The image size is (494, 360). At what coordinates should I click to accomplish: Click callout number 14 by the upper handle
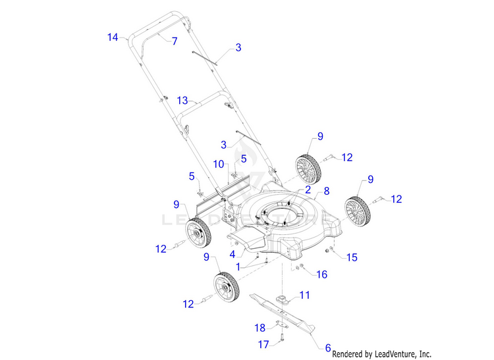pos(113,38)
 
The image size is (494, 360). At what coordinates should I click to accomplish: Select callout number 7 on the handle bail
pos(175,41)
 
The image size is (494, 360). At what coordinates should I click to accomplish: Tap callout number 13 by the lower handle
pos(182,101)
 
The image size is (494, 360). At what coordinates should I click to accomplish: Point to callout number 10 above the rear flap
pos(219,163)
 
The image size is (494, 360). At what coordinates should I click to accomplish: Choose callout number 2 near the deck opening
pos(306,189)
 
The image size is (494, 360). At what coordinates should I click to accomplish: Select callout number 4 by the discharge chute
pos(232,253)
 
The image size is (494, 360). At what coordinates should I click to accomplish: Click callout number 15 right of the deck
pos(352,257)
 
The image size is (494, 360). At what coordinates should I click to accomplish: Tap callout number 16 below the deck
pos(322,274)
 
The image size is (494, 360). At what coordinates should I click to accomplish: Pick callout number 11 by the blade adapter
pos(304,296)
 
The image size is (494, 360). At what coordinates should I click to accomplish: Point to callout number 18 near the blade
pos(260,327)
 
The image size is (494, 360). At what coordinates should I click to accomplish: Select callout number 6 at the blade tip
pos(328,347)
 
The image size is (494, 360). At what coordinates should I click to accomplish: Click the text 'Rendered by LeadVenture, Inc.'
pos(381,353)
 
